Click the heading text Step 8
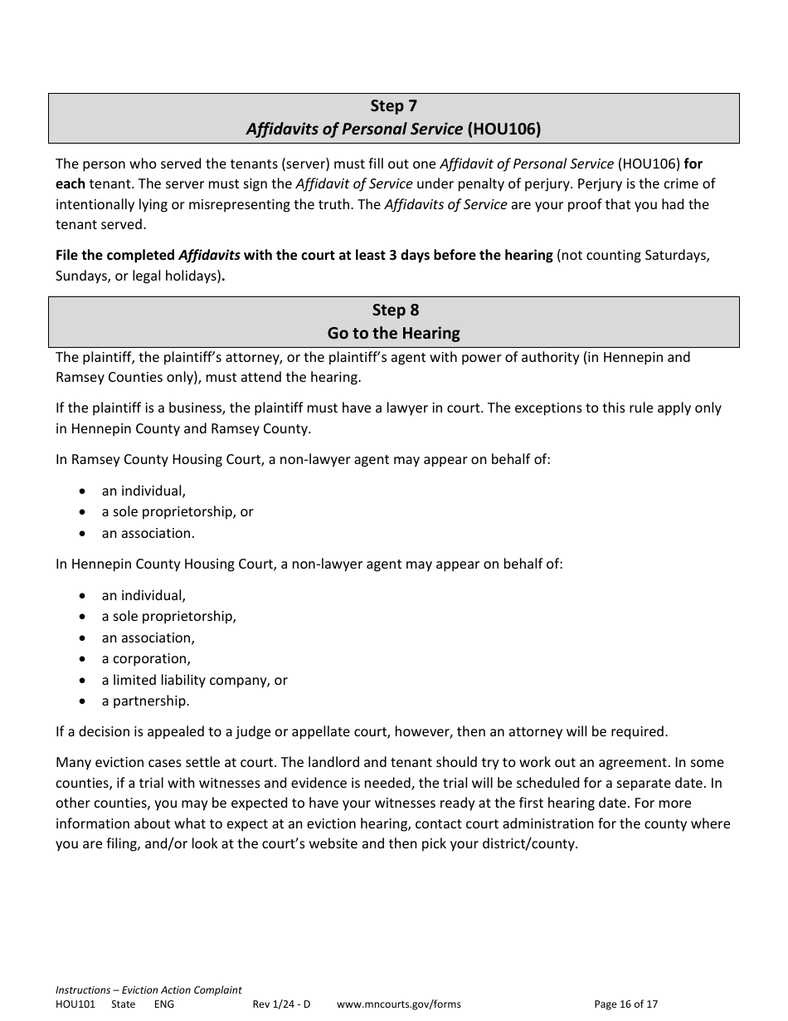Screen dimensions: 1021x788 [395, 310]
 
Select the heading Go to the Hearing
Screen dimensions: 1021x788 [393, 334]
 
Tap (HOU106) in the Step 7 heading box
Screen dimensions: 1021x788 [503, 129]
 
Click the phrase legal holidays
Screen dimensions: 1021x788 [180, 276]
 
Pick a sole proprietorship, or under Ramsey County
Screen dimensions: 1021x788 [178, 512]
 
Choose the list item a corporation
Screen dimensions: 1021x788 [146, 659]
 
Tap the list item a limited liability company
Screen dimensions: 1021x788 [187, 680]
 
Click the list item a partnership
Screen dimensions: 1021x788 [145, 701]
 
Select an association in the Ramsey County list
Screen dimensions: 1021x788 [148, 534]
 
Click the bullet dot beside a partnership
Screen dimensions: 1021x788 [83, 701]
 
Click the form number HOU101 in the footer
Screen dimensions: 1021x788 [75, 1004]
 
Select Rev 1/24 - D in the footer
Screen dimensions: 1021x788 [281, 1004]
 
